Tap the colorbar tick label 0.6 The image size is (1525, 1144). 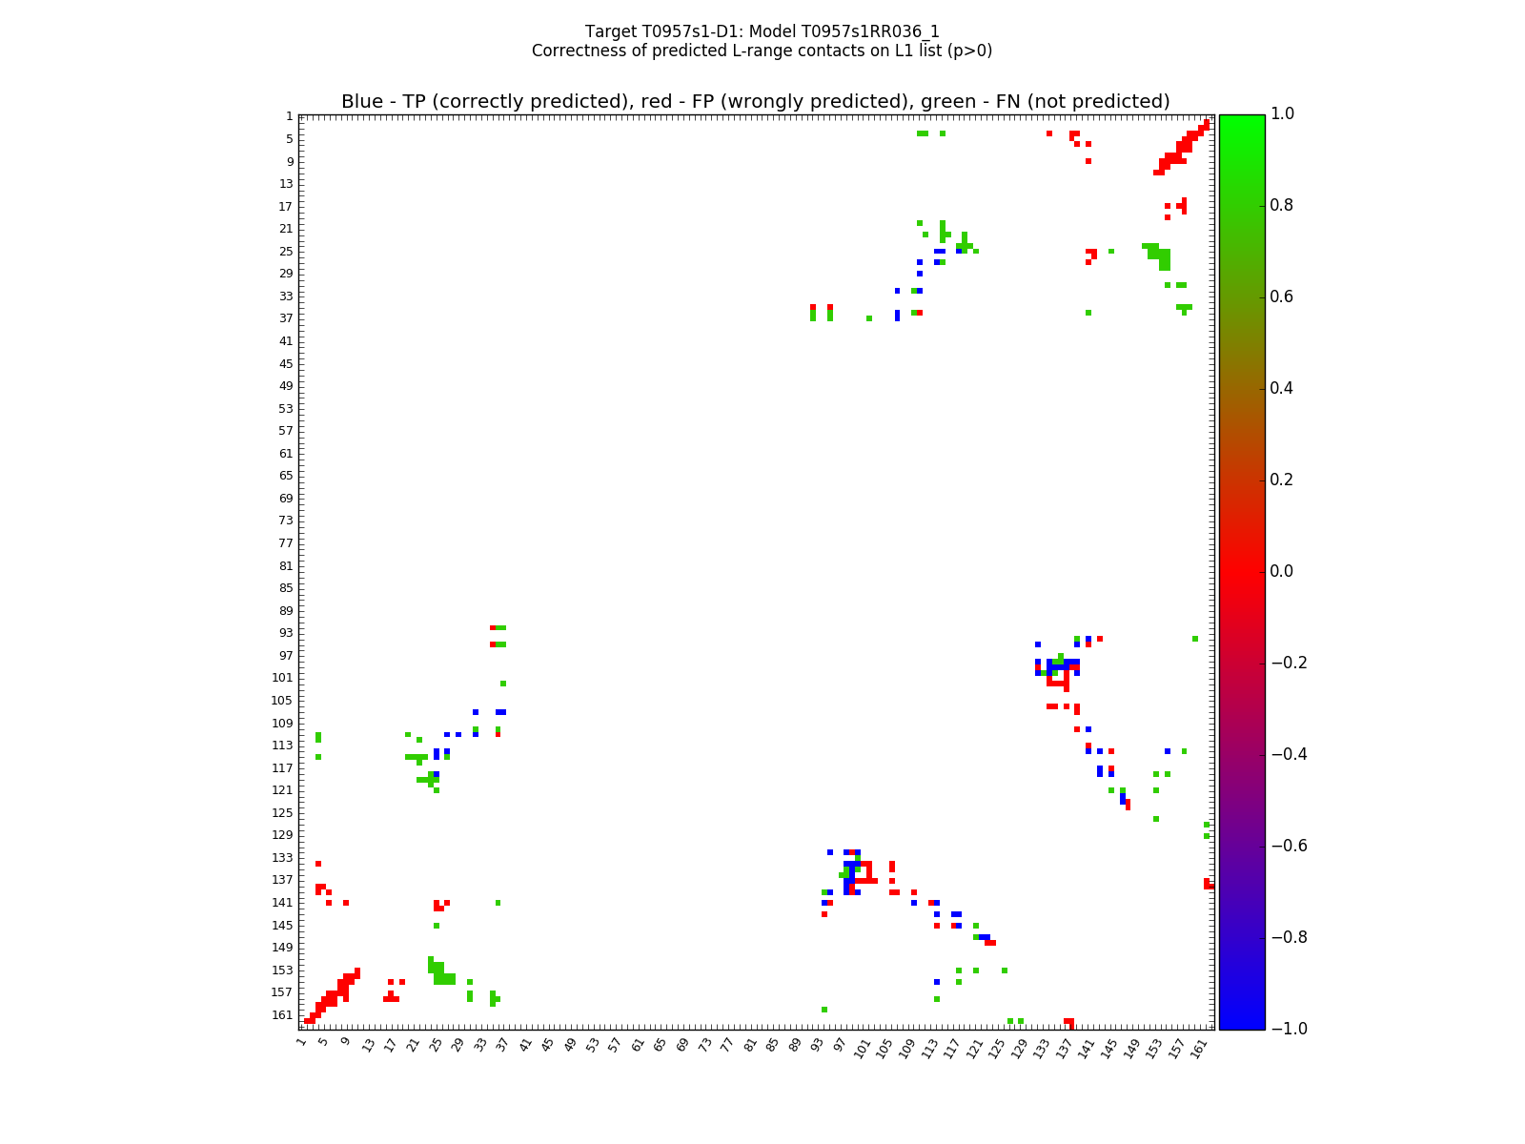coord(1283,297)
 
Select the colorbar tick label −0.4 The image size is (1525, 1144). coord(1288,755)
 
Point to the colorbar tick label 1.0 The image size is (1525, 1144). coord(1283,114)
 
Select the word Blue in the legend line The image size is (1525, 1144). coord(362,102)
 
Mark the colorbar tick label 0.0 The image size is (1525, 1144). coord(1283,572)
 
